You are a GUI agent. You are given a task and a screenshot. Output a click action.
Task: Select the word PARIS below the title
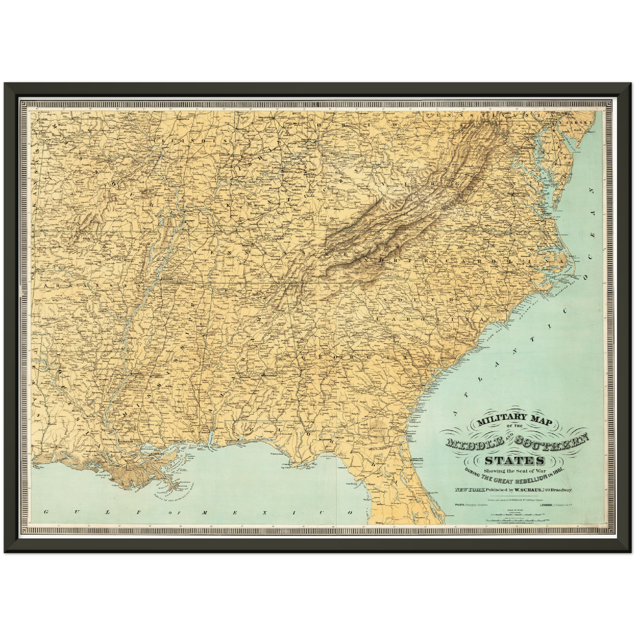[x=460, y=505]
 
